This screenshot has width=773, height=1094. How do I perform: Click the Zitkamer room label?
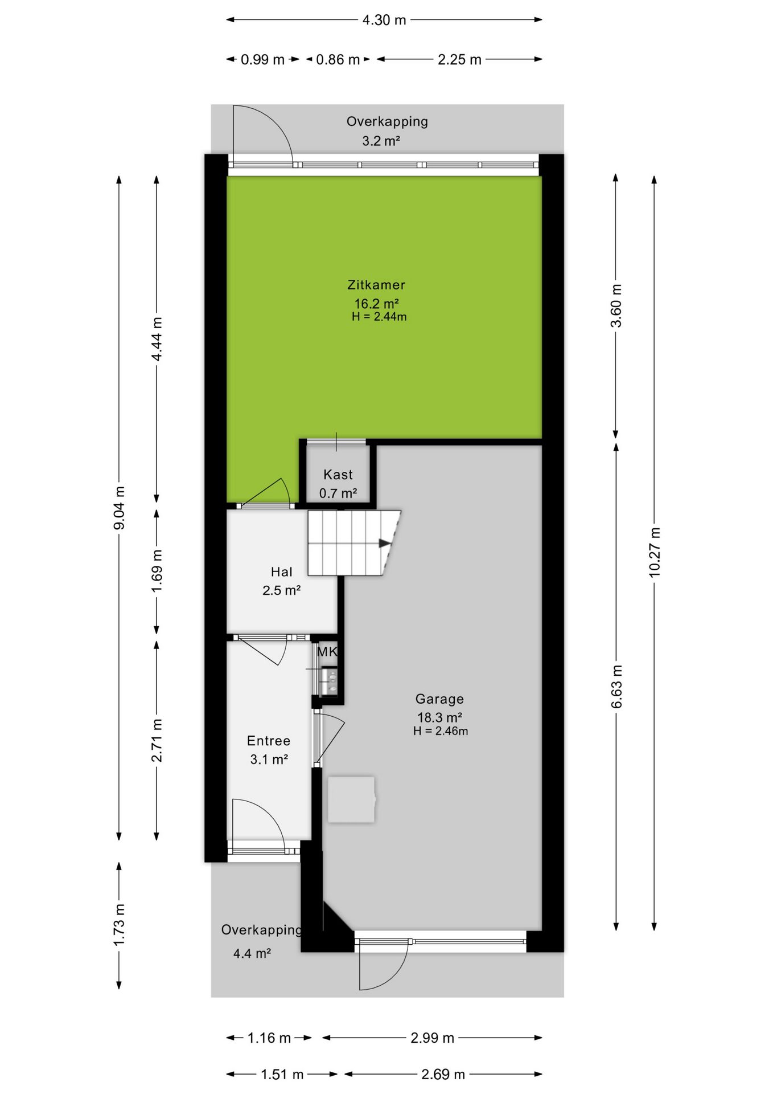point(376,285)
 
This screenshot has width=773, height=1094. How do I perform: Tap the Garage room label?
point(439,699)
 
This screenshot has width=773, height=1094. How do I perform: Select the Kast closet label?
point(338,475)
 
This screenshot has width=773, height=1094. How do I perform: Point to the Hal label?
point(282,572)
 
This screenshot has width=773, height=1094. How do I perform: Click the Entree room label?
point(269,741)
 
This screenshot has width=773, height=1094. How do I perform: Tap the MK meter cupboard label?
point(327,652)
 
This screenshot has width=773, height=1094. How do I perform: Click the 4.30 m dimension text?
point(384,20)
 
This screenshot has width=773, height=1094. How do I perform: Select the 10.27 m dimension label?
point(655,552)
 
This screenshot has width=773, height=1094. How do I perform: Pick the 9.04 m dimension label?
point(119,508)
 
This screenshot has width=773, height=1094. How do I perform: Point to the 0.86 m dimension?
point(338,59)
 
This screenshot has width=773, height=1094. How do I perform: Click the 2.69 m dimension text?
point(443,1074)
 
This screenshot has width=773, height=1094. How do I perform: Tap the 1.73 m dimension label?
point(119,925)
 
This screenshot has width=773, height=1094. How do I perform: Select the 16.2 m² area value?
point(376,304)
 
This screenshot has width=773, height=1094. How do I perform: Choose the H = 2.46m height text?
point(441,731)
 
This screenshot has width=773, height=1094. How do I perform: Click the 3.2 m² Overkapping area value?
point(381,140)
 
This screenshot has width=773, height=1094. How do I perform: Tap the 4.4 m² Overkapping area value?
point(252,953)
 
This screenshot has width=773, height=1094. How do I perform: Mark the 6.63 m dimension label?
point(616,686)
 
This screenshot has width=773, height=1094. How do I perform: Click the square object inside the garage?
point(351,799)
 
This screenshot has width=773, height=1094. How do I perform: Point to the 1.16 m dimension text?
point(269,1038)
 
